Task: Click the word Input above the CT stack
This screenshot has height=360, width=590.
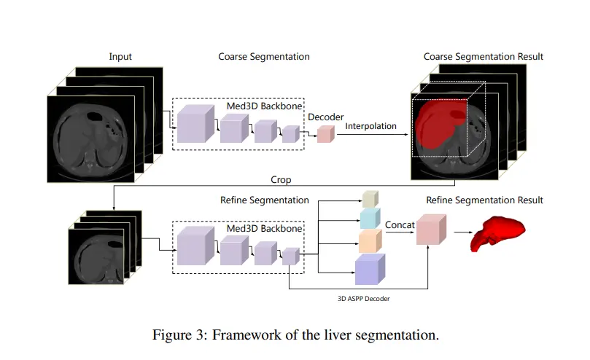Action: click(x=120, y=57)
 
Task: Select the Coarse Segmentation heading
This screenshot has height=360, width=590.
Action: click(x=263, y=57)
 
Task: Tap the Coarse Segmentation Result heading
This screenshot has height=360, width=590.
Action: click(x=484, y=57)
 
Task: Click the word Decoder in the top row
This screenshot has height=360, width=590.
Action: click(x=325, y=117)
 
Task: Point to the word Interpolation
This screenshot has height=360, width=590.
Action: click(x=370, y=126)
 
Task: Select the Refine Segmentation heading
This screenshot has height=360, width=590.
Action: click(x=264, y=200)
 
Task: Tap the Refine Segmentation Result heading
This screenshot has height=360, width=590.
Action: click(x=485, y=200)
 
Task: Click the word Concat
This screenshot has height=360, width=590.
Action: click(x=400, y=225)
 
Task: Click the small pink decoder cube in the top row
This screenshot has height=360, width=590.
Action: click(x=325, y=133)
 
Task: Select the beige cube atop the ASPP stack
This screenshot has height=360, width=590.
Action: click(x=370, y=199)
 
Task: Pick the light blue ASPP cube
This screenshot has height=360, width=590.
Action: click(x=370, y=217)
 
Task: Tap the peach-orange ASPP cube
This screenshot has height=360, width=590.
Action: click(x=370, y=240)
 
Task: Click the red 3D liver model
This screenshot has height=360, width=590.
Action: click(x=499, y=231)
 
